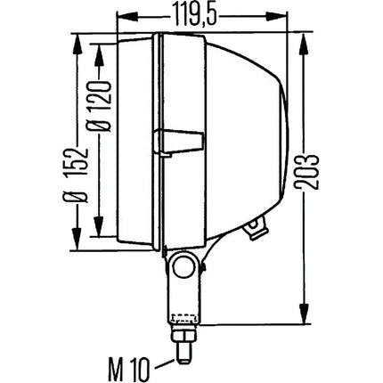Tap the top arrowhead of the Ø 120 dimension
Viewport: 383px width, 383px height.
point(100,53)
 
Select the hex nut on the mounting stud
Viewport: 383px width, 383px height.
point(183,334)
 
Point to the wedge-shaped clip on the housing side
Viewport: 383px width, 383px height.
point(179,143)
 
